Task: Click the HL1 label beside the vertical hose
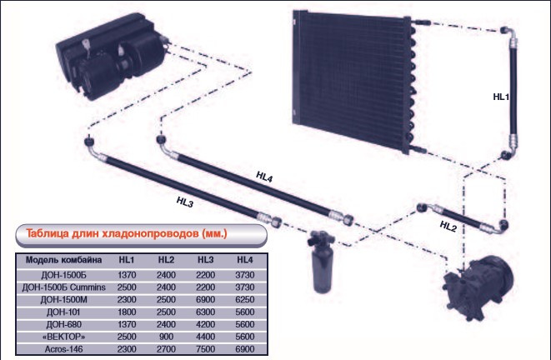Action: pos(500,97)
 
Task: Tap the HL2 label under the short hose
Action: pos(448,227)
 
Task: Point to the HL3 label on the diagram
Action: pos(185,200)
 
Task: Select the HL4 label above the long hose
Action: pos(265,176)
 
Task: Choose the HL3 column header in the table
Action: pos(205,259)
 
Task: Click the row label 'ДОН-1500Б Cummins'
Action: pos(63,286)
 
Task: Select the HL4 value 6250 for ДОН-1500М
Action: pos(244,298)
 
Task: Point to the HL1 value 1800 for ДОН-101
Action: pos(126,311)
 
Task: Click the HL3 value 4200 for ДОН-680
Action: pos(205,323)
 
